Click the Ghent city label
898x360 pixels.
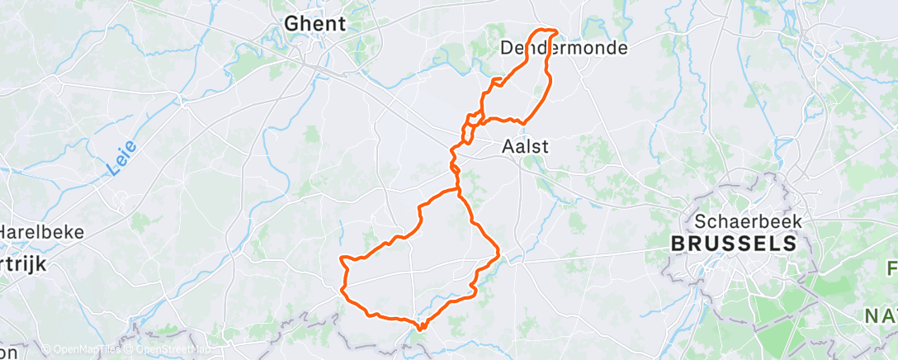314,25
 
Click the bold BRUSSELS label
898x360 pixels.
734,244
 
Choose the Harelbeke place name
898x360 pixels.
42,232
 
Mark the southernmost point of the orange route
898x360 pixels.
420,328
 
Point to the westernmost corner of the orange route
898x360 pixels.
341,260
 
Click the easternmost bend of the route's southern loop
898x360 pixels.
499,251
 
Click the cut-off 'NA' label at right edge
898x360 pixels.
881,315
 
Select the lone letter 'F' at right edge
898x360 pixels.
892,268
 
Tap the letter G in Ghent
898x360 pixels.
291,25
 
